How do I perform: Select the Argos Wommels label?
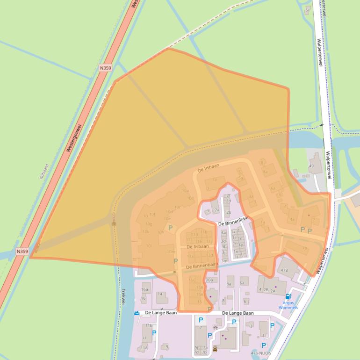288,305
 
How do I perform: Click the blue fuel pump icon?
288,296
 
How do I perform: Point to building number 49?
311,166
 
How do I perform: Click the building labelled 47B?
284,270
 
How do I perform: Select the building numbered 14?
160,294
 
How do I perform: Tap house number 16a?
144,290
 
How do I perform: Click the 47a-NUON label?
261,353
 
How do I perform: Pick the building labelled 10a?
209,280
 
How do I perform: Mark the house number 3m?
224,261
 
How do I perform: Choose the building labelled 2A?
274,290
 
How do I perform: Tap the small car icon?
215,349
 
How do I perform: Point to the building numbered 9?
167,346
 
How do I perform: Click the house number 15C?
192,280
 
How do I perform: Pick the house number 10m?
171,252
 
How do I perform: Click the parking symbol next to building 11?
154,333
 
